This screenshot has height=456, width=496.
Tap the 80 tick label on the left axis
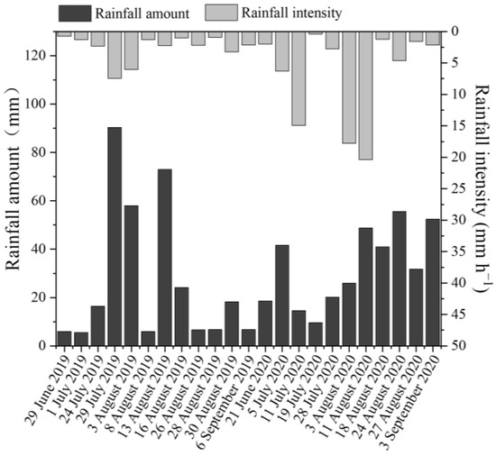tap(36, 152)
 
